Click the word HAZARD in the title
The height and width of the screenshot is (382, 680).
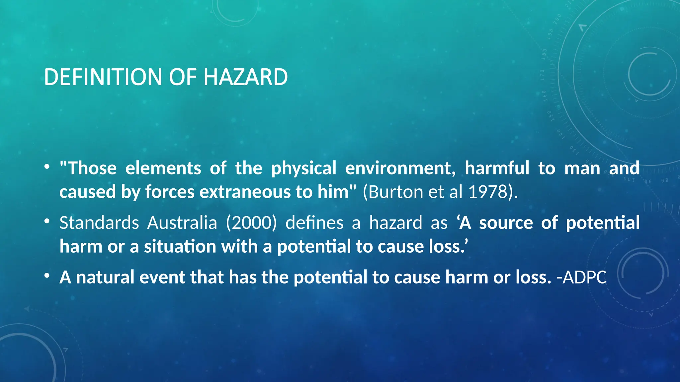pyautogui.click(x=245, y=77)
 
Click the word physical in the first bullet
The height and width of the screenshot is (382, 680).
pyautogui.click(x=304, y=168)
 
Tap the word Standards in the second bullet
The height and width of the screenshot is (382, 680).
pyautogui.click(x=99, y=223)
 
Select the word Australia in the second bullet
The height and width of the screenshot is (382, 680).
pyautogui.click(x=182, y=223)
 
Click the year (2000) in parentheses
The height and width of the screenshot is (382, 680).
pyautogui.click(x=251, y=223)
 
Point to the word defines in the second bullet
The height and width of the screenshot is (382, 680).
pyautogui.click(x=314, y=223)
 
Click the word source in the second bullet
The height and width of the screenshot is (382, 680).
pyautogui.click(x=506, y=223)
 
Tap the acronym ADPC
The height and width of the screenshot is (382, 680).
pyautogui.click(x=585, y=277)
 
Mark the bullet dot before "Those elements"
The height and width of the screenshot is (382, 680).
pyautogui.click(x=47, y=166)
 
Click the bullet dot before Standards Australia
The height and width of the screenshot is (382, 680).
pyautogui.click(x=47, y=221)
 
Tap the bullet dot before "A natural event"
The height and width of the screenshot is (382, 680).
pyautogui.click(x=47, y=276)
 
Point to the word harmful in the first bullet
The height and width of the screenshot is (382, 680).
pyautogui.click(x=497, y=168)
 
